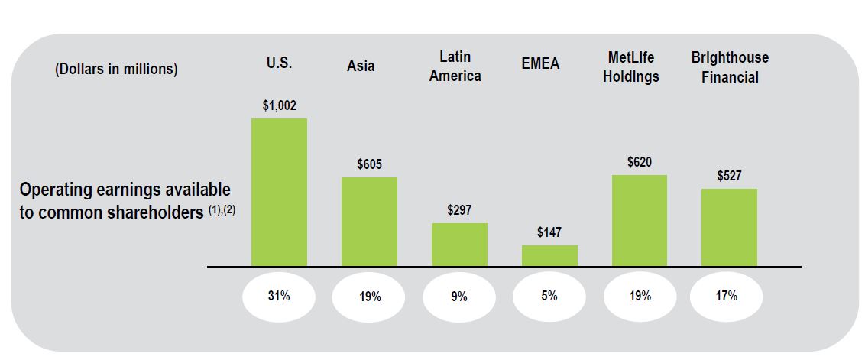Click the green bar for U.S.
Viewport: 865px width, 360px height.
click(279, 192)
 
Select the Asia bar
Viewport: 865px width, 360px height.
click(369, 222)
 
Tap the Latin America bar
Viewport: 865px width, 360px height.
click(459, 245)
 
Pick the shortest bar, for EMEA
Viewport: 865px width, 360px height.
click(549, 255)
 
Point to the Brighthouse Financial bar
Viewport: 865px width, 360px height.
click(729, 227)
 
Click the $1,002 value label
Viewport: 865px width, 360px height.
click(279, 105)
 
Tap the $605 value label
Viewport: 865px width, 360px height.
click(369, 164)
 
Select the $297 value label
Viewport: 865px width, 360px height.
click(459, 210)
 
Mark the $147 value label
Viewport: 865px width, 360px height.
click(549, 232)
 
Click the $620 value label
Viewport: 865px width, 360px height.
click(639, 162)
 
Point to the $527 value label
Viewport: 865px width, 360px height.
click(729, 176)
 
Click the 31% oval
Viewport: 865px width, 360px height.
click(279, 297)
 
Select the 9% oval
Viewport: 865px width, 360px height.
click(459, 297)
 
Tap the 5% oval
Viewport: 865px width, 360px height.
click(549, 297)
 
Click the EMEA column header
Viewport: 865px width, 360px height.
click(540, 64)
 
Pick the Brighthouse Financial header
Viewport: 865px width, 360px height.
click(730, 67)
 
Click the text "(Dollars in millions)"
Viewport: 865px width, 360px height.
click(116, 69)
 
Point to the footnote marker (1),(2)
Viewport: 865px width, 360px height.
click(222, 211)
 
